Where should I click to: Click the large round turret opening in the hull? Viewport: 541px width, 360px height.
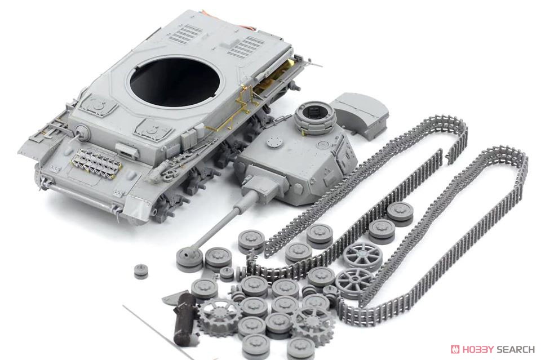coord(174,82)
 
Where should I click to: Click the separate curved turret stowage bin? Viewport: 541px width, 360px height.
coord(361,115)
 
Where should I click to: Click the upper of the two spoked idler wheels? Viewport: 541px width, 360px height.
coord(362,255)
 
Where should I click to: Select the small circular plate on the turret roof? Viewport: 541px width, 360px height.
coord(274,141)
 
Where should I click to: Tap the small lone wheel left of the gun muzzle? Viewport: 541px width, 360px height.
coord(141,270)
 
